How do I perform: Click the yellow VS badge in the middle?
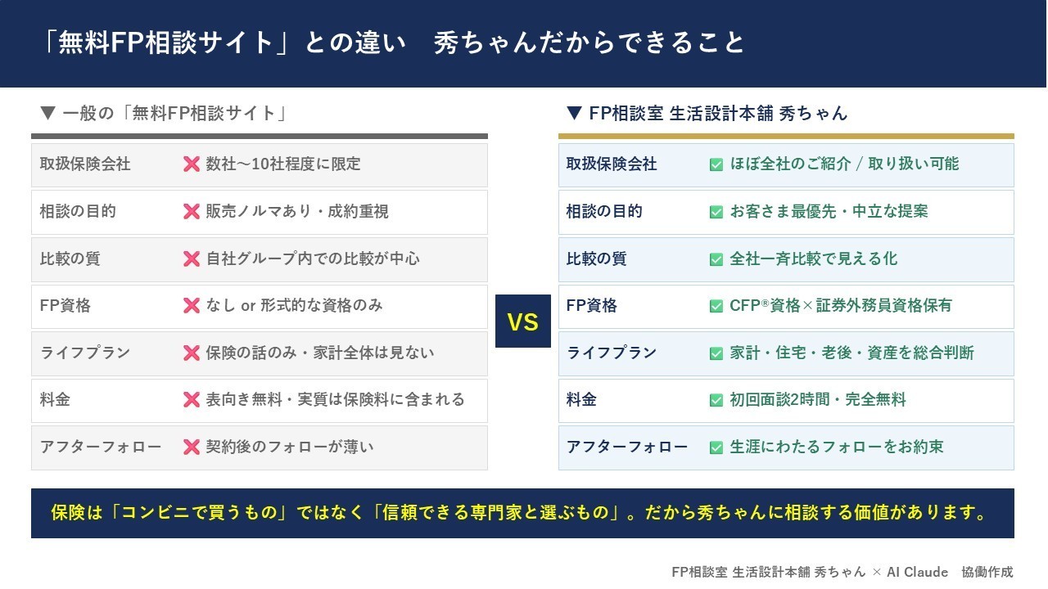523,321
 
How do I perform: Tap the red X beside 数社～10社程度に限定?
192,164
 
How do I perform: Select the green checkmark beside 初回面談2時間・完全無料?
716,400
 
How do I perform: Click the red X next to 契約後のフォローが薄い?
192,447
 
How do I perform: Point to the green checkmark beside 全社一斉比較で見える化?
716,259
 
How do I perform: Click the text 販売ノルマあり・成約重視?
297,211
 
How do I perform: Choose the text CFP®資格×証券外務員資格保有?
840,306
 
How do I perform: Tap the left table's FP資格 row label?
65,306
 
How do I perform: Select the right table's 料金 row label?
581,400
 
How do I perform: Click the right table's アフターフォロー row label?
627,447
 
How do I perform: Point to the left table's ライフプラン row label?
84,353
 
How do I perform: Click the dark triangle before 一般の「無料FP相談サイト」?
47,113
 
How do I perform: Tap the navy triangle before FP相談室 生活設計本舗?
574,113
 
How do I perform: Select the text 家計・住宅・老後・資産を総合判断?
851,353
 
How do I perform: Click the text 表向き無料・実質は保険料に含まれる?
335,400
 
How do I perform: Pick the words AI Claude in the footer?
917,572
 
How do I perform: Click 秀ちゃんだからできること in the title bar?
589,43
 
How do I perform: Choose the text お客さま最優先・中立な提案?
829,211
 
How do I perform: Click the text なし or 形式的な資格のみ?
294,306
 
